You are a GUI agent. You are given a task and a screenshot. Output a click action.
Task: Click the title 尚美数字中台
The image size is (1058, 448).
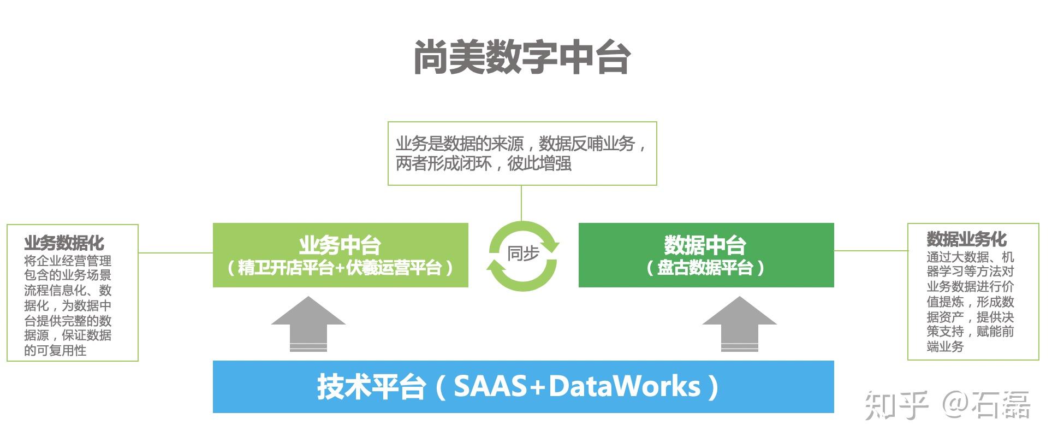click(522, 57)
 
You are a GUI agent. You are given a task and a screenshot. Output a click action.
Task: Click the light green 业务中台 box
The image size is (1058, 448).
click(341, 255)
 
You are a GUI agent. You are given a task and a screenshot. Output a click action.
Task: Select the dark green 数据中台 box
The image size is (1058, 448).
click(706, 255)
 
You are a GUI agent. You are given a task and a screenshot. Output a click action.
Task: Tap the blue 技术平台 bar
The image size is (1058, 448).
click(523, 387)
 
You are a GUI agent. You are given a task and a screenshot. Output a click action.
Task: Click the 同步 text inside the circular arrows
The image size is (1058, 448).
click(523, 254)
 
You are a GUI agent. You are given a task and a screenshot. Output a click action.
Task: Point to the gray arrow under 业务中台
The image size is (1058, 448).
click(308, 324)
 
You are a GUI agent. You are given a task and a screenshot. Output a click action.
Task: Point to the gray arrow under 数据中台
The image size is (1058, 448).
click(739, 324)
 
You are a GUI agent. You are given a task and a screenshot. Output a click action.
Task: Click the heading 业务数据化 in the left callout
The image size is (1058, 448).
click(64, 243)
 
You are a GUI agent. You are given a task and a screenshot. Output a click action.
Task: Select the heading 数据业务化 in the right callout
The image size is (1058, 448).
click(966, 239)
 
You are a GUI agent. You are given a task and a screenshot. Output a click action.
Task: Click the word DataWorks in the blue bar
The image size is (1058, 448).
click(625, 386)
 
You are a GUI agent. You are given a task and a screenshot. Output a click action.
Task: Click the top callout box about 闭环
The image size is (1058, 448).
click(522, 154)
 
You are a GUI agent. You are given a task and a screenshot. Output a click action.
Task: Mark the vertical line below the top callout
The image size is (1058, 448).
click(521, 203)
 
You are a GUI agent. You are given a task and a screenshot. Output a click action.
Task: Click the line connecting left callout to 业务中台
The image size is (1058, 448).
click(176, 252)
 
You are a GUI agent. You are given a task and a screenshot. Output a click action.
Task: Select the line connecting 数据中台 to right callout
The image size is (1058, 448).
click(871, 251)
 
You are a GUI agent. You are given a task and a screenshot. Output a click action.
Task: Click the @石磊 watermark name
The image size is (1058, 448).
click(986, 405)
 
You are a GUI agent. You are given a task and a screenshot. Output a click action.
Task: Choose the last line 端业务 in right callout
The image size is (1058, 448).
click(945, 347)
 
